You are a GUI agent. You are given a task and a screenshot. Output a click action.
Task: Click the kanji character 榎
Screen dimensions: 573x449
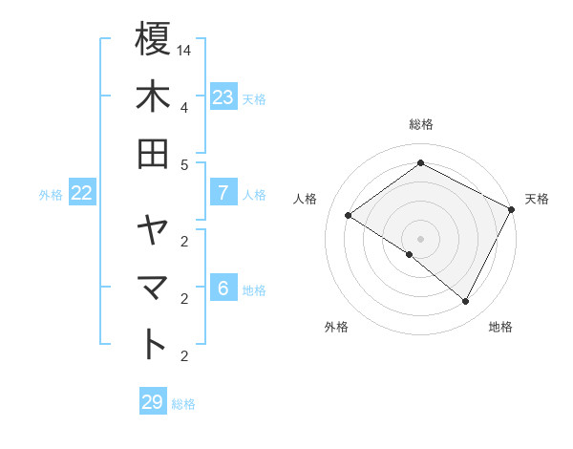[153, 40]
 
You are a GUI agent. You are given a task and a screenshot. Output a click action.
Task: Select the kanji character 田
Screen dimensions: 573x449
[153, 153]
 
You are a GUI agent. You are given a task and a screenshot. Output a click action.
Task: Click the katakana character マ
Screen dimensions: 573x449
[153, 288]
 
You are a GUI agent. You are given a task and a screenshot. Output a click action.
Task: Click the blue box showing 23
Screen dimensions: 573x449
[223, 97]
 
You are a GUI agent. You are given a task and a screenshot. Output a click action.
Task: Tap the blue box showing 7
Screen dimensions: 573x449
[223, 193]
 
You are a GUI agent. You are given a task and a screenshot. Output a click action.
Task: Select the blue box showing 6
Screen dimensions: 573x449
[223, 289]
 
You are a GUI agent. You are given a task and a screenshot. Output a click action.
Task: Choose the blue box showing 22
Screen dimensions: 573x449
[82, 193]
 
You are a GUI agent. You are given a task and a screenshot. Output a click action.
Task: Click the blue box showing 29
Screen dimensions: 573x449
[152, 402]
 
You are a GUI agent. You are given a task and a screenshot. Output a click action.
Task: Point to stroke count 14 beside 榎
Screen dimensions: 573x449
[184, 49]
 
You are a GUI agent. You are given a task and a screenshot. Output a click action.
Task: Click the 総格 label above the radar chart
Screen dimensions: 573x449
[421, 124]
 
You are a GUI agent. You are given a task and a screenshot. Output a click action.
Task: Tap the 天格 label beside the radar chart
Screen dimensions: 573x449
[537, 199]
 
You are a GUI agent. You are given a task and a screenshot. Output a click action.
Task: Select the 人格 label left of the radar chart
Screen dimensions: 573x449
[306, 199]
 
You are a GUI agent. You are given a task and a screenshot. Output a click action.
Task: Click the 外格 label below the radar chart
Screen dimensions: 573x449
[336, 327]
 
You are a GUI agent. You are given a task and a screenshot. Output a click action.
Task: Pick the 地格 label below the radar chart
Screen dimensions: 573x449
[500, 327]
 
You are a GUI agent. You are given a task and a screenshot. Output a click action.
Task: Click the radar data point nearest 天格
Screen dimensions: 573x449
[512, 209]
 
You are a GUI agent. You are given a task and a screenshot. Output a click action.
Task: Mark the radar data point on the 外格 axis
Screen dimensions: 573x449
[410, 254]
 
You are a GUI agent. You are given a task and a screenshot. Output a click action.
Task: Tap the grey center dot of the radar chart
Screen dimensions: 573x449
[420, 238]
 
